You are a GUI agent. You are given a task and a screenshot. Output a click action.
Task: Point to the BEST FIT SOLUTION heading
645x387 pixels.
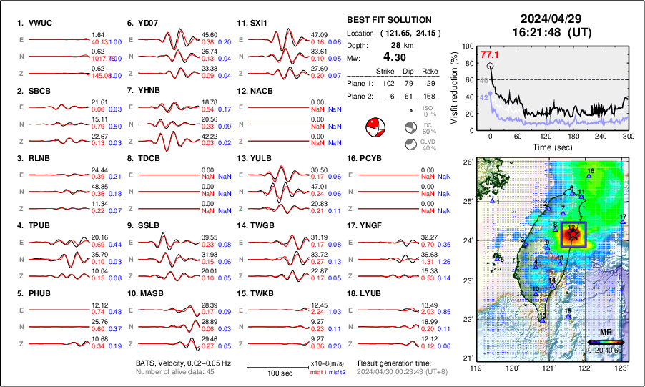389,20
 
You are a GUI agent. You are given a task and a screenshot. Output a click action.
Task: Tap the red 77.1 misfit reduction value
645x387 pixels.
490,54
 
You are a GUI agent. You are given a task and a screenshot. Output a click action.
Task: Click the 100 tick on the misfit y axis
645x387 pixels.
469,46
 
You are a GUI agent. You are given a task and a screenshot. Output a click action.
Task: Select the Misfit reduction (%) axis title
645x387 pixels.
455,87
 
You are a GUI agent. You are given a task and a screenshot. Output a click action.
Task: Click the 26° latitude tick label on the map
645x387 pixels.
467,162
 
